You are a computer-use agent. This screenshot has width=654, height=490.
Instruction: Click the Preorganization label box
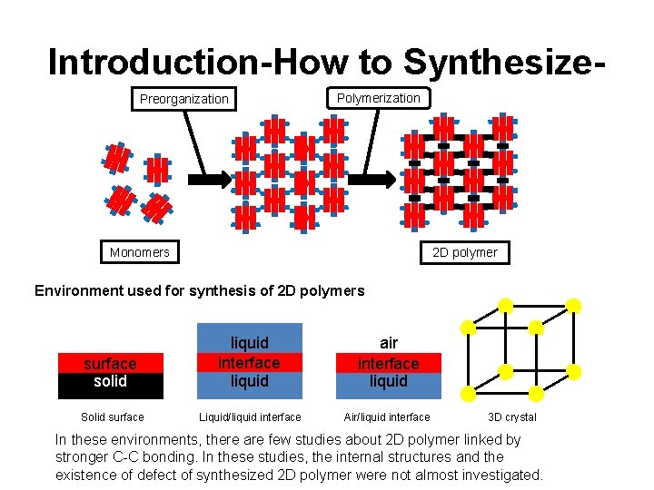(x=183, y=98)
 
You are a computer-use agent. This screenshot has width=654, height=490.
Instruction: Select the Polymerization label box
(x=378, y=98)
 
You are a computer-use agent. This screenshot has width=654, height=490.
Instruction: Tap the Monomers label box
(x=139, y=252)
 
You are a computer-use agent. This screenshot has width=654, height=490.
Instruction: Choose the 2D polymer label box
(x=464, y=252)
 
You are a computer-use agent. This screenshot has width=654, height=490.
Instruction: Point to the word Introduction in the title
(x=146, y=62)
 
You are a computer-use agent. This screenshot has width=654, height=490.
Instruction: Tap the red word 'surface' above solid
(x=110, y=364)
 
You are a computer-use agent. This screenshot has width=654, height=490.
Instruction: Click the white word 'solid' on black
(x=110, y=381)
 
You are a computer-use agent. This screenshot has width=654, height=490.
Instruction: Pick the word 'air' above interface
(x=389, y=343)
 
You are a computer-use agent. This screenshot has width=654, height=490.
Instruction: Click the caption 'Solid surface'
(x=112, y=417)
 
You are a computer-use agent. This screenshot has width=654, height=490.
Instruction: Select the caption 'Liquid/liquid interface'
(x=250, y=417)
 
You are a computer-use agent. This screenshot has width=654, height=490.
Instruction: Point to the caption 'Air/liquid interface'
(x=387, y=417)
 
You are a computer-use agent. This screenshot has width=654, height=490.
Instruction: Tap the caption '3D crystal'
(x=512, y=417)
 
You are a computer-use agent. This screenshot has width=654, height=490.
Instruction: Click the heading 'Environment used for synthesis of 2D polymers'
(x=199, y=291)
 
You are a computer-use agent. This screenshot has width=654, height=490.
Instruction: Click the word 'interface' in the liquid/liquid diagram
(x=249, y=362)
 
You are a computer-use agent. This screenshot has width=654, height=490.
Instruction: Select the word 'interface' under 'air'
(x=388, y=364)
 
